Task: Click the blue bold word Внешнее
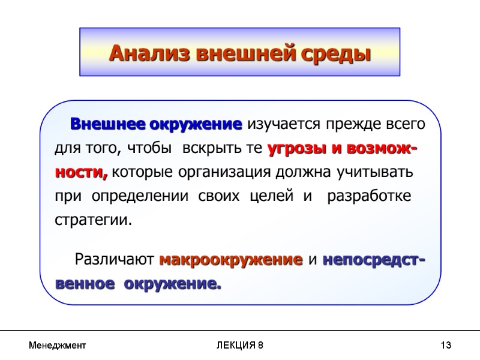[x=107, y=125]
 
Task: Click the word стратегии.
[x=91, y=220]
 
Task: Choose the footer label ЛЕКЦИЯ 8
[x=239, y=346]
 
